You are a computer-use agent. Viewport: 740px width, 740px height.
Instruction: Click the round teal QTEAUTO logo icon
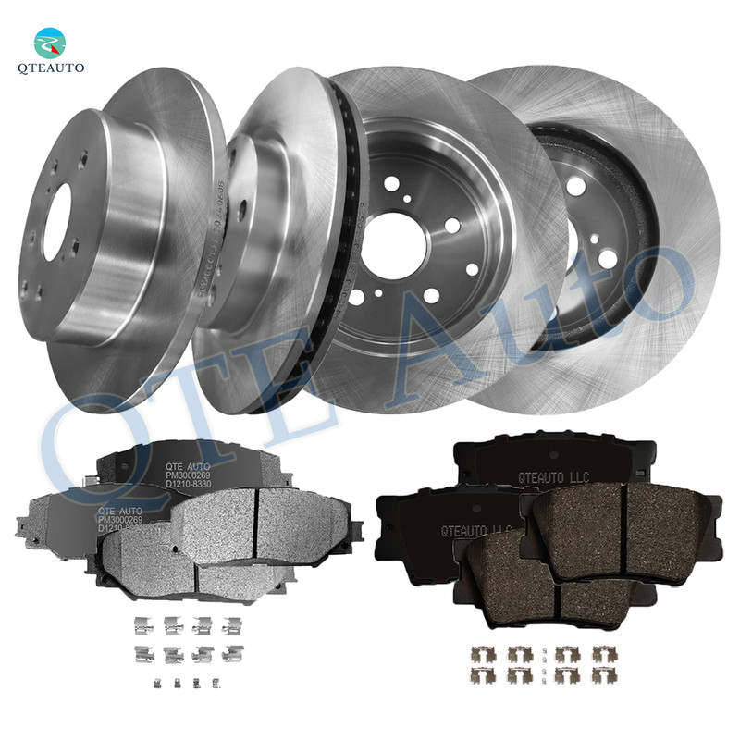tap(51, 41)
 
